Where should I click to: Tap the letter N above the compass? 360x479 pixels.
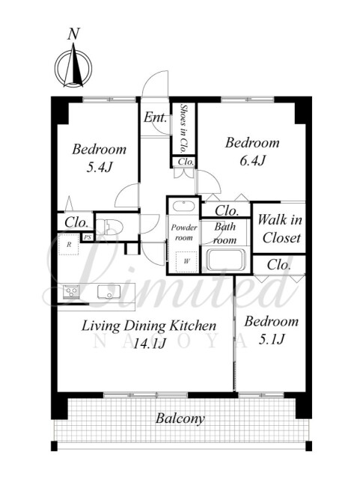[73, 34]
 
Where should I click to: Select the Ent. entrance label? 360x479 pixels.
[155, 118]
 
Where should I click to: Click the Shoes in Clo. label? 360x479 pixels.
[184, 129]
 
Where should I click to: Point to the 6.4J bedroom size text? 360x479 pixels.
[252, 160]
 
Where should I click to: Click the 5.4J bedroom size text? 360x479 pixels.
[100, 167]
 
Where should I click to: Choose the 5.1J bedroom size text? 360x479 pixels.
[272, 339]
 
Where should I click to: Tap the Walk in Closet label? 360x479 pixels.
[280, 229]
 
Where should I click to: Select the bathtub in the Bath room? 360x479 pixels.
[226, 260]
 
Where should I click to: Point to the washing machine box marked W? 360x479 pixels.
[186, 261]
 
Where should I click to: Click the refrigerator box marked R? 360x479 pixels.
[69, 245]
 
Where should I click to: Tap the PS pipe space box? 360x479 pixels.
[88, 237]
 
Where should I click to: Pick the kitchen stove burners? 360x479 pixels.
[72, 292]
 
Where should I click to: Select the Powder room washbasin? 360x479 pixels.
[183, 206]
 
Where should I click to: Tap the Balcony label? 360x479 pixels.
[180, 418]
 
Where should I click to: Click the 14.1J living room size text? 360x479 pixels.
[150, 344]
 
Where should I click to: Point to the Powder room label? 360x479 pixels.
[184, 233]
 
